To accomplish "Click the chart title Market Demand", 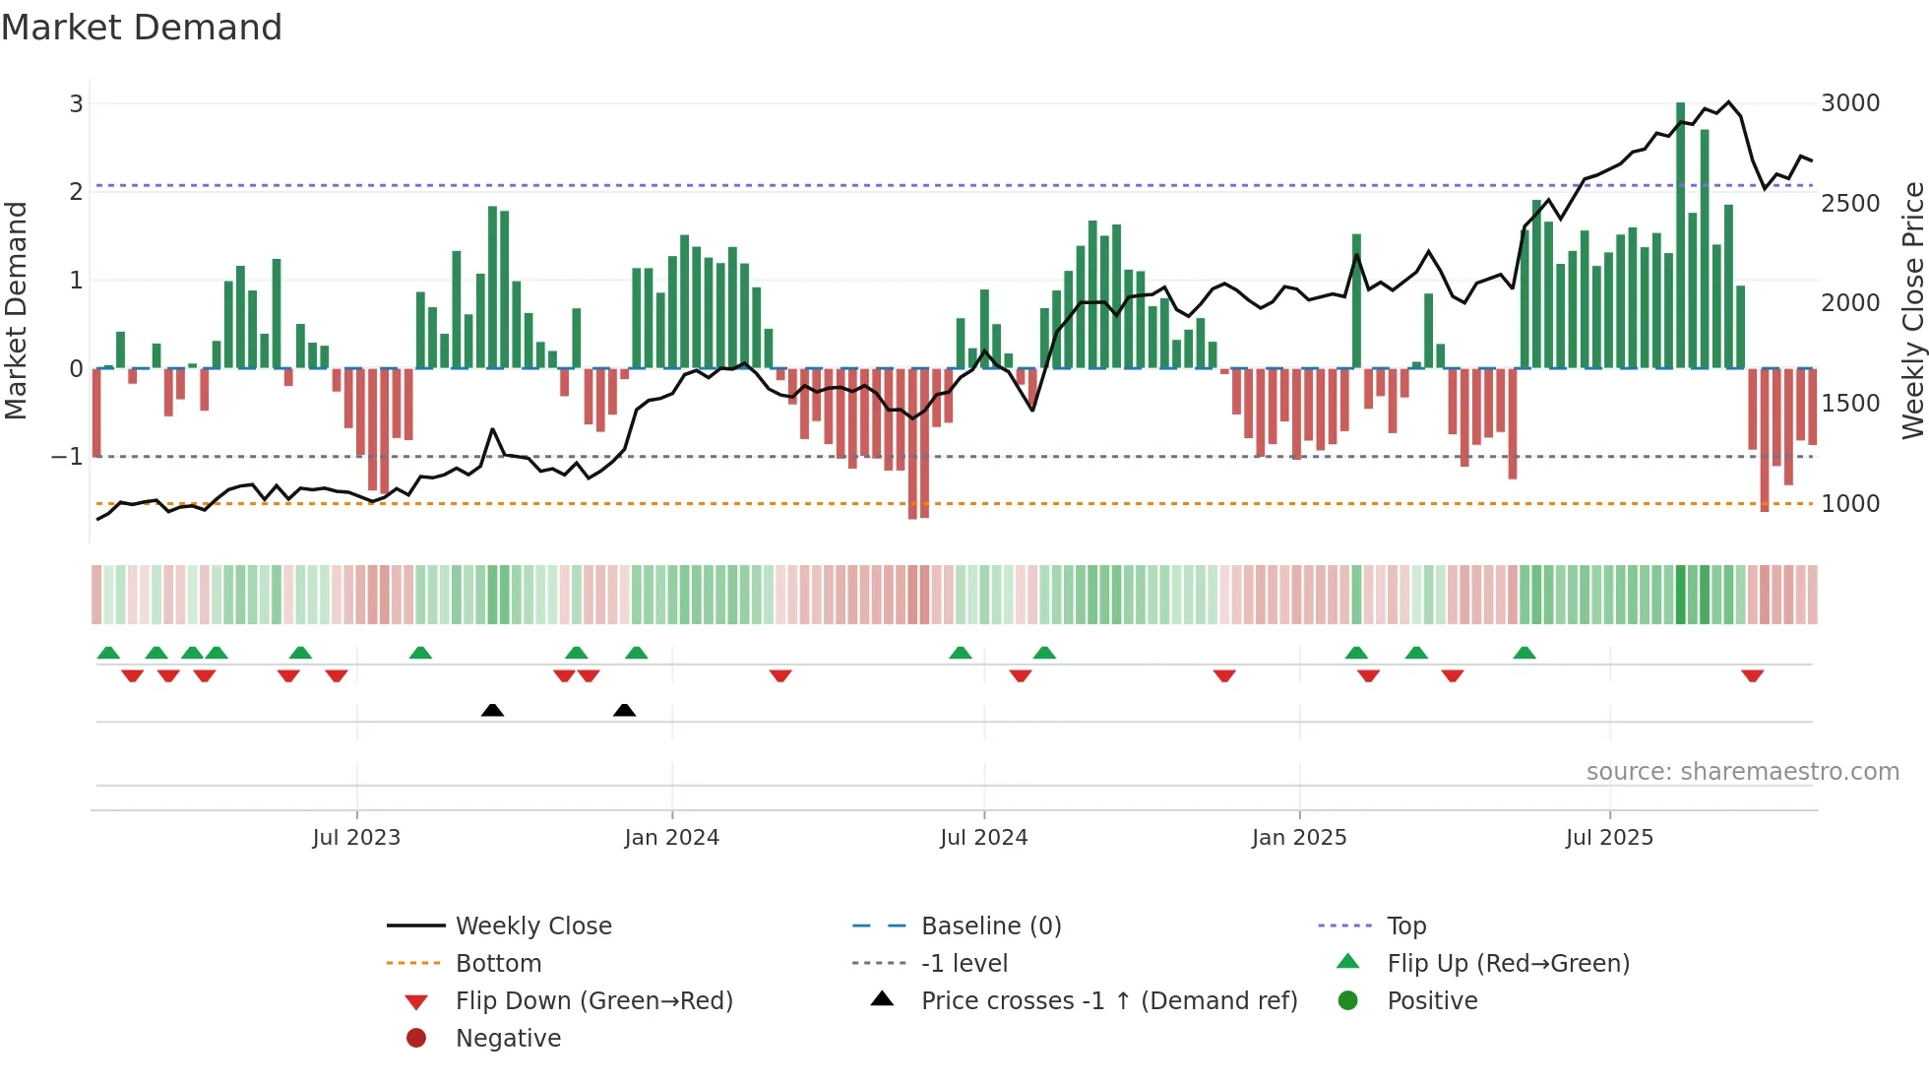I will [142, 28].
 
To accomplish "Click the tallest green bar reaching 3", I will [1680, 236].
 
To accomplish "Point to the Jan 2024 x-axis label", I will [671, 838].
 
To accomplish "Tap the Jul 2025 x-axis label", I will [1609, 838].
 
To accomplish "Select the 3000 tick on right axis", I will [1849, 103].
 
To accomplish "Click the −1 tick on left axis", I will [67, 457].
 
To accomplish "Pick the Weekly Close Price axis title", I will [1912, 310].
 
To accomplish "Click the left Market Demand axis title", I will [16, 310].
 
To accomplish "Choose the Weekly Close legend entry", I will [532, 926].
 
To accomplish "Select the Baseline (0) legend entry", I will [990, 926].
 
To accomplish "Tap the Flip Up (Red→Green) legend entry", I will [1508, 964].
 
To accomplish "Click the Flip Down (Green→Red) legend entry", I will [593, 1001].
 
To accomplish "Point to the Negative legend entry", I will [508, 1039].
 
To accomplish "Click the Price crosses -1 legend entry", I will [1108, 1001].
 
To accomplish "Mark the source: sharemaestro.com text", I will [1742, 772].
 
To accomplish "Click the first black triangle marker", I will [492, 710].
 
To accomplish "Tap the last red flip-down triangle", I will [1752, 675].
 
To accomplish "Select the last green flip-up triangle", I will [1524, 653].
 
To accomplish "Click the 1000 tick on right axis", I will [1849, 504].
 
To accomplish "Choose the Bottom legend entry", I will [498, 964].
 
